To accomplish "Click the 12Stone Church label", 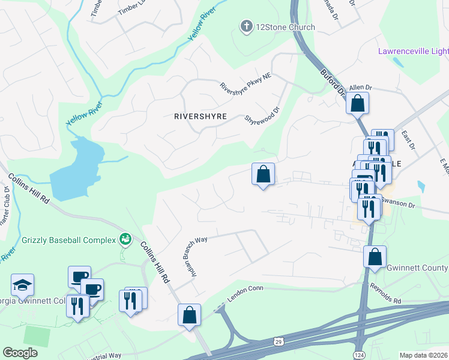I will (x=286, y=26).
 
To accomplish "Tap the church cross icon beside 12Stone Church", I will (x=246, y=26).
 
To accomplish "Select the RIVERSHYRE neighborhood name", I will (x=200, y=116).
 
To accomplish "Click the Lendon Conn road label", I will (x=246, y=294).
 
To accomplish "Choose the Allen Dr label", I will (x=361, y=88).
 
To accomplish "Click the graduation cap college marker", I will (x=22, y=284).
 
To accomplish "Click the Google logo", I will (x=20, y=352).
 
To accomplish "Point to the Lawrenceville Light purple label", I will (x=413, y=52).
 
